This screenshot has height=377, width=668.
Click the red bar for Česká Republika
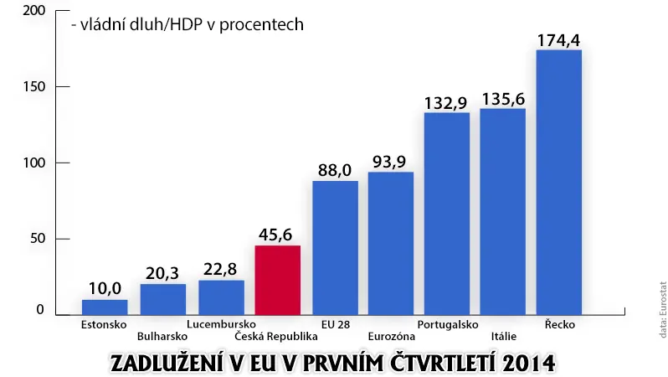[x=278, y=280]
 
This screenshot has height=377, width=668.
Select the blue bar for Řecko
[x=559, y=183]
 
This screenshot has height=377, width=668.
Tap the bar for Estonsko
[x=105, y=307]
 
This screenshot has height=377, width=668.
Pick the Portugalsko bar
[x=447, y=214]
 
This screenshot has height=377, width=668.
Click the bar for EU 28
[x=336, y=248]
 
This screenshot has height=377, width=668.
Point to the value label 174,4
[x=558, y=40]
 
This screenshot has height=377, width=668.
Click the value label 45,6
[x=275, y=235]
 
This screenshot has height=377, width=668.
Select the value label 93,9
[x=389, y=162]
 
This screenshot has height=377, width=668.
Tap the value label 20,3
[x=162, y=274]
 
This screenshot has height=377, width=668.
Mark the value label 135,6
[x=504, y=100]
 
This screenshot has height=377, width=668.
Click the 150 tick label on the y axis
[x=34, y=86]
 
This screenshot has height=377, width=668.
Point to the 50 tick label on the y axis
[x=38, y=239]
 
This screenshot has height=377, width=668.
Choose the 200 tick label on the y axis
[x=34, y=11]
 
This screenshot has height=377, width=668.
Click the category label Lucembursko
[x=221, y=324]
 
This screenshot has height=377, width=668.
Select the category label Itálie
[x=504, y=337]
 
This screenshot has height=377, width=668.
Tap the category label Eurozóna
[x=392, y=337]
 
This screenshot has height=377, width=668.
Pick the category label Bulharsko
[x=162, y=337]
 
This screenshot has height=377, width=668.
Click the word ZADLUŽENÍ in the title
[x=168, y=364]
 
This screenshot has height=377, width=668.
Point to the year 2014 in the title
[x=529, y=364]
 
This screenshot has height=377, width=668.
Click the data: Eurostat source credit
[x=662, y=309]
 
